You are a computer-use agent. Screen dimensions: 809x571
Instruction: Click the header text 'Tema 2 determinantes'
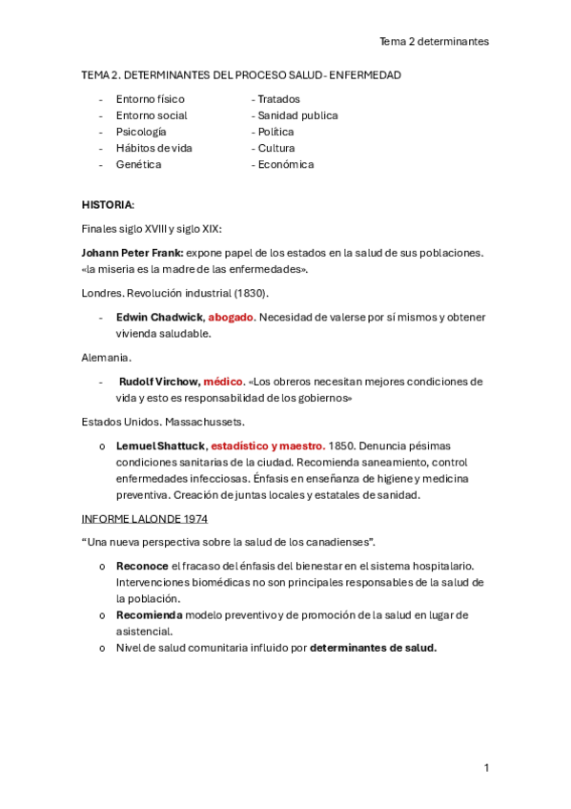[434, 41]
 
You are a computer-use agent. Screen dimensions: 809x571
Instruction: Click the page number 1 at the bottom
[486, 767]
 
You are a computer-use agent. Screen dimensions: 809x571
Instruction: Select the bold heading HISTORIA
[108, 205]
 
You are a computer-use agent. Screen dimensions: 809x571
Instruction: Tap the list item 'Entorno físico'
[150, 99]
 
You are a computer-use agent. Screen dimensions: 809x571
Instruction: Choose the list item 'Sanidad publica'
[295, 115]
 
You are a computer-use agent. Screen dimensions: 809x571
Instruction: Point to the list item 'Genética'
[138, 164]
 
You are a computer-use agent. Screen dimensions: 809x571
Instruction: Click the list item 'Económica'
[283, 164]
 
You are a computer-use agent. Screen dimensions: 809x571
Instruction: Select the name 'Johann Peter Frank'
[133, 253]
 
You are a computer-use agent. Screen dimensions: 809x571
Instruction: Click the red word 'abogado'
[231, 317]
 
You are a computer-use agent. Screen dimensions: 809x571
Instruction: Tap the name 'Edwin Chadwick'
[159, 317]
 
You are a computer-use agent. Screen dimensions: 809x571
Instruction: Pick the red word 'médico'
[223, 382]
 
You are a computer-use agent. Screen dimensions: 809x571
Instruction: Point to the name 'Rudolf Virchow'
[157, 382]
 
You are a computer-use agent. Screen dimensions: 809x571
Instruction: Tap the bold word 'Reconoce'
[142, 567]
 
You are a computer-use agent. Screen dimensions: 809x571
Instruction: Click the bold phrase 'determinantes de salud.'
[374, 648]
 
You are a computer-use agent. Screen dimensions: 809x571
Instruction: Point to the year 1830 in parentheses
[249, 292]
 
